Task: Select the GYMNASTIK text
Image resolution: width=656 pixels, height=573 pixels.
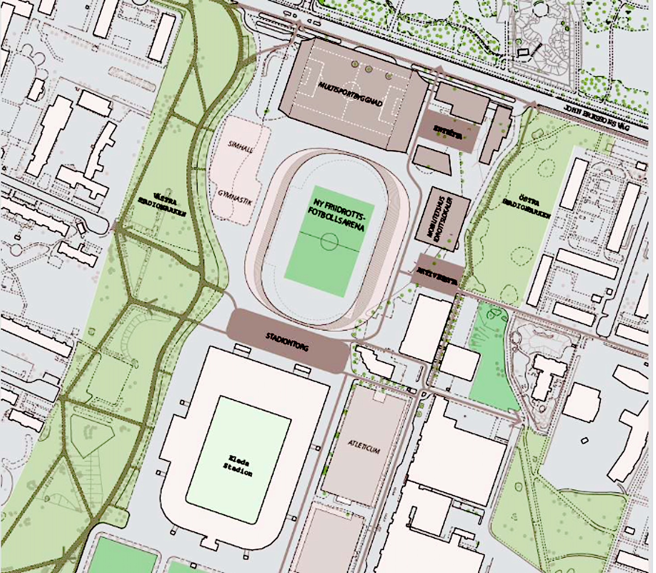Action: coord(235,197)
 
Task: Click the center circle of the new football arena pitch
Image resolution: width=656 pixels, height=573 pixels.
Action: coord(329,241)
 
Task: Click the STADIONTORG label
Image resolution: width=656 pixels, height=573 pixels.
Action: coord(287,342)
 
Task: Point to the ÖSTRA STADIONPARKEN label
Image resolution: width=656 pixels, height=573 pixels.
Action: coord(527,208)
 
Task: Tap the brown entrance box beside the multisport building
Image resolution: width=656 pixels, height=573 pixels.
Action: coord(448,131)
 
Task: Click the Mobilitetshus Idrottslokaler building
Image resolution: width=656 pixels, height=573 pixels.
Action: coord(442,219)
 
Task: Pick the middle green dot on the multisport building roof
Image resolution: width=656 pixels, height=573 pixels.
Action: coord(368,69)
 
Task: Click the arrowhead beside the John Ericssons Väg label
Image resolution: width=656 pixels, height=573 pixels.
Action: coord(531,105)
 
